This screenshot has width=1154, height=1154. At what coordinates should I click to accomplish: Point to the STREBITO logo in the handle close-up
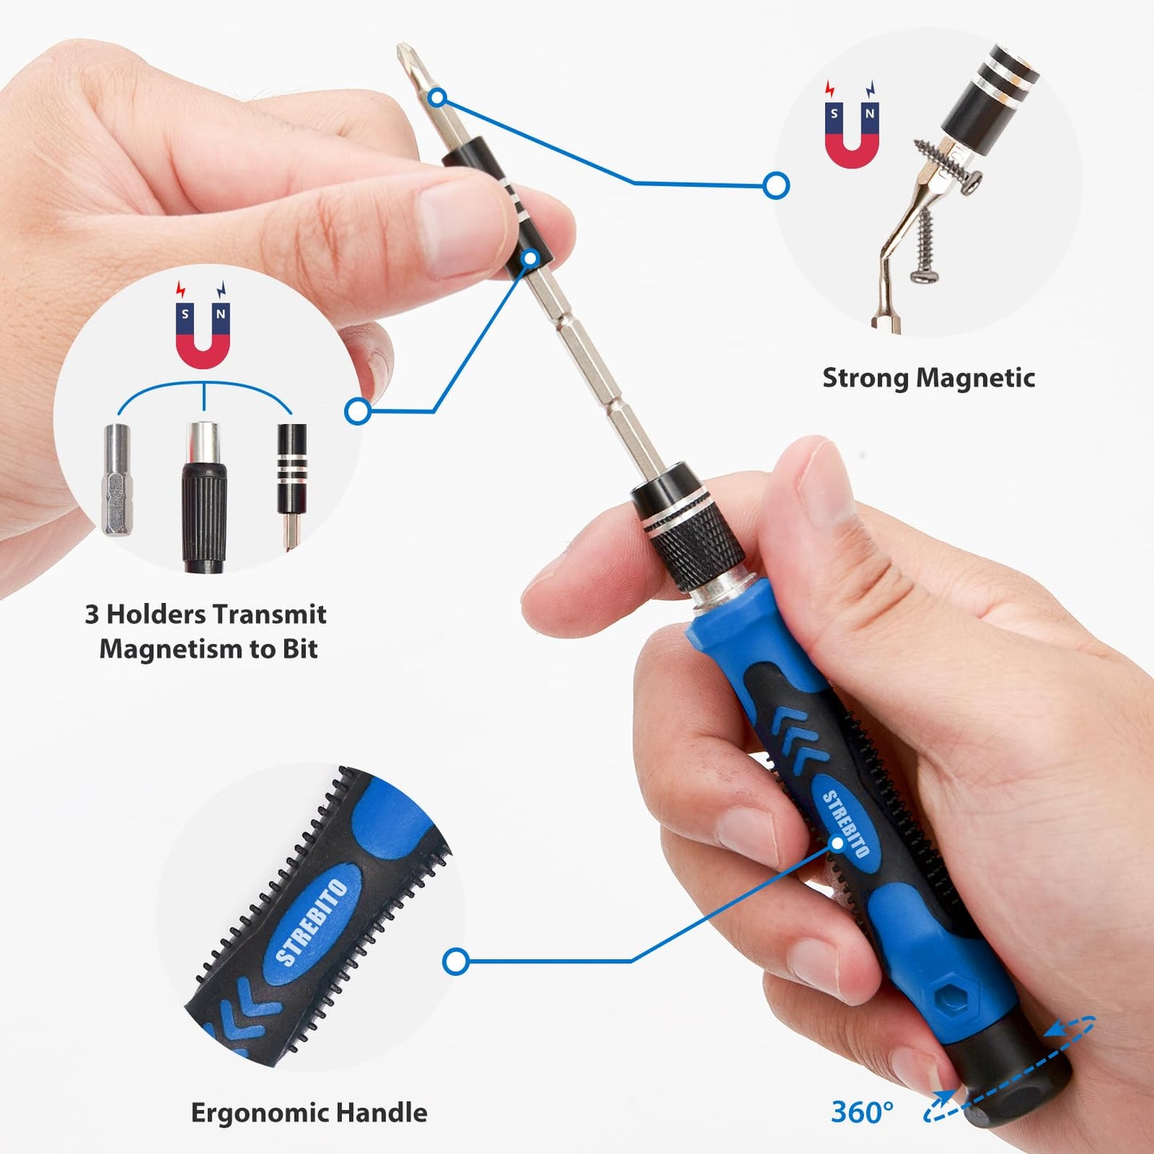312,922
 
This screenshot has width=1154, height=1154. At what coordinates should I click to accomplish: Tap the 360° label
862,1112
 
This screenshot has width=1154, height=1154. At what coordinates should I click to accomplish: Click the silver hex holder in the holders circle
117,479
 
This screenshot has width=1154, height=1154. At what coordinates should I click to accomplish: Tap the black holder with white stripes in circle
291,471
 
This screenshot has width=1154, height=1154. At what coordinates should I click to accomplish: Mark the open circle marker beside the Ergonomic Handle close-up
455,962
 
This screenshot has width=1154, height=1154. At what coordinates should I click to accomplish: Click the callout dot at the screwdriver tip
437,97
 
